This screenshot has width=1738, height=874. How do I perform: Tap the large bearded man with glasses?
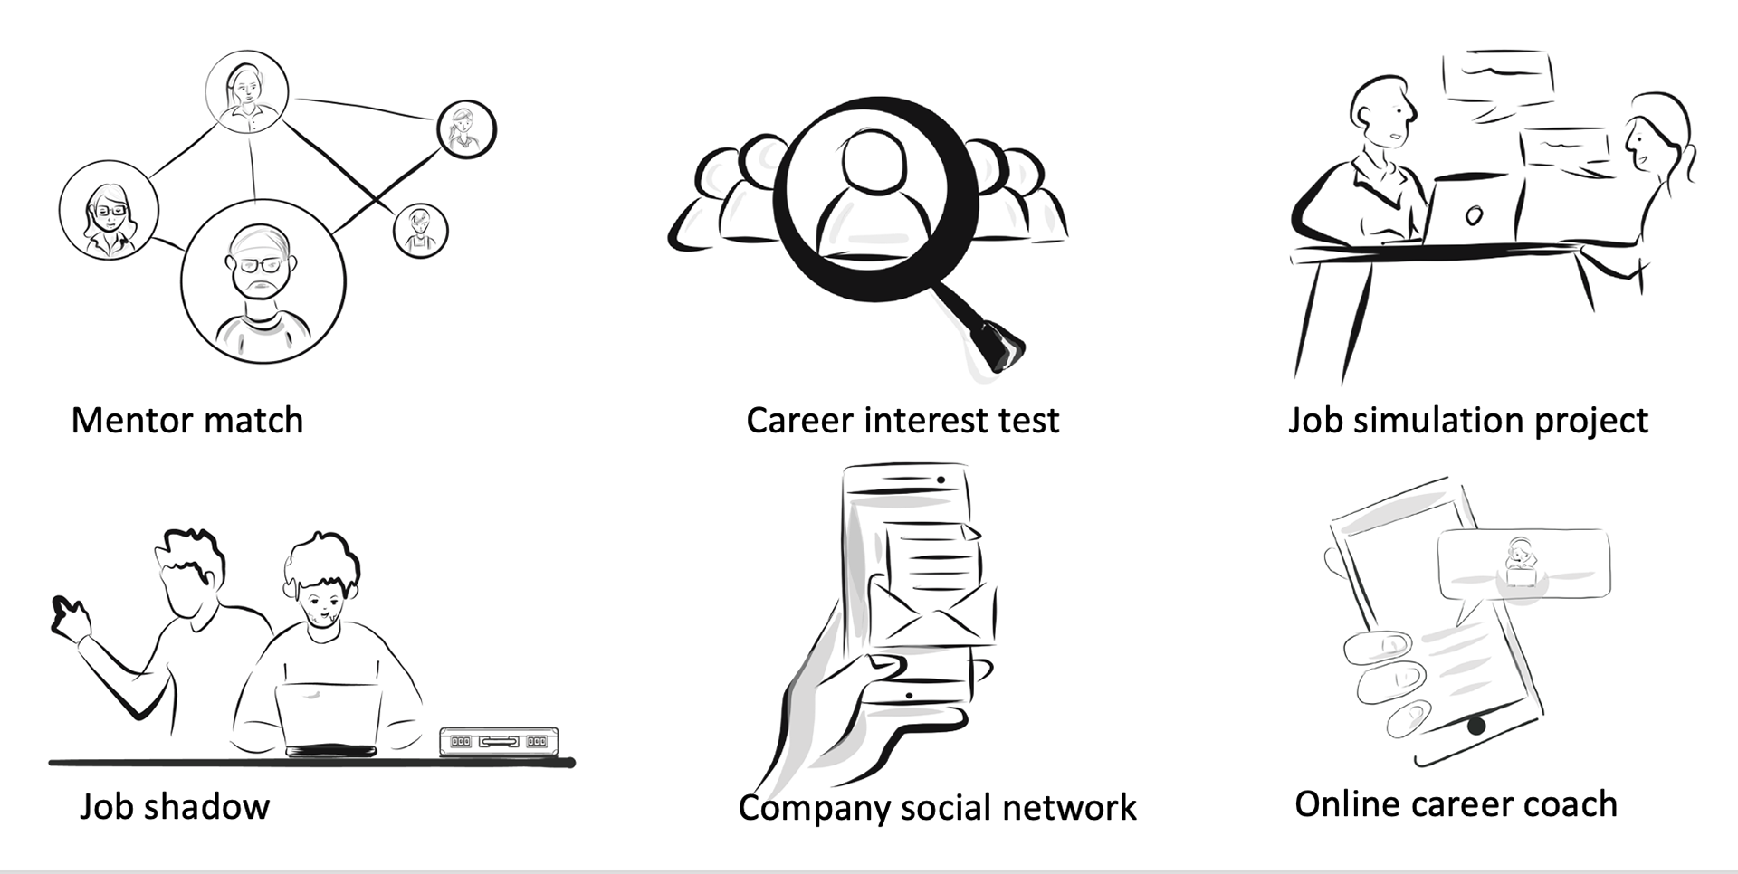[262, 280]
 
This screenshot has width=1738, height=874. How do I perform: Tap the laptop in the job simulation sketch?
[1471, 213]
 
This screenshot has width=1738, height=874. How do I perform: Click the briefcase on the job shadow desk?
[499, 741]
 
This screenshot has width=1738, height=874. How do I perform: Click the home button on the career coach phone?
[1476, 726]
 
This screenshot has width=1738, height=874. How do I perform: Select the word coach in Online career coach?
[1571, 804]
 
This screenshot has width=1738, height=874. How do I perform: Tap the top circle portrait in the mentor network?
[246, 90]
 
